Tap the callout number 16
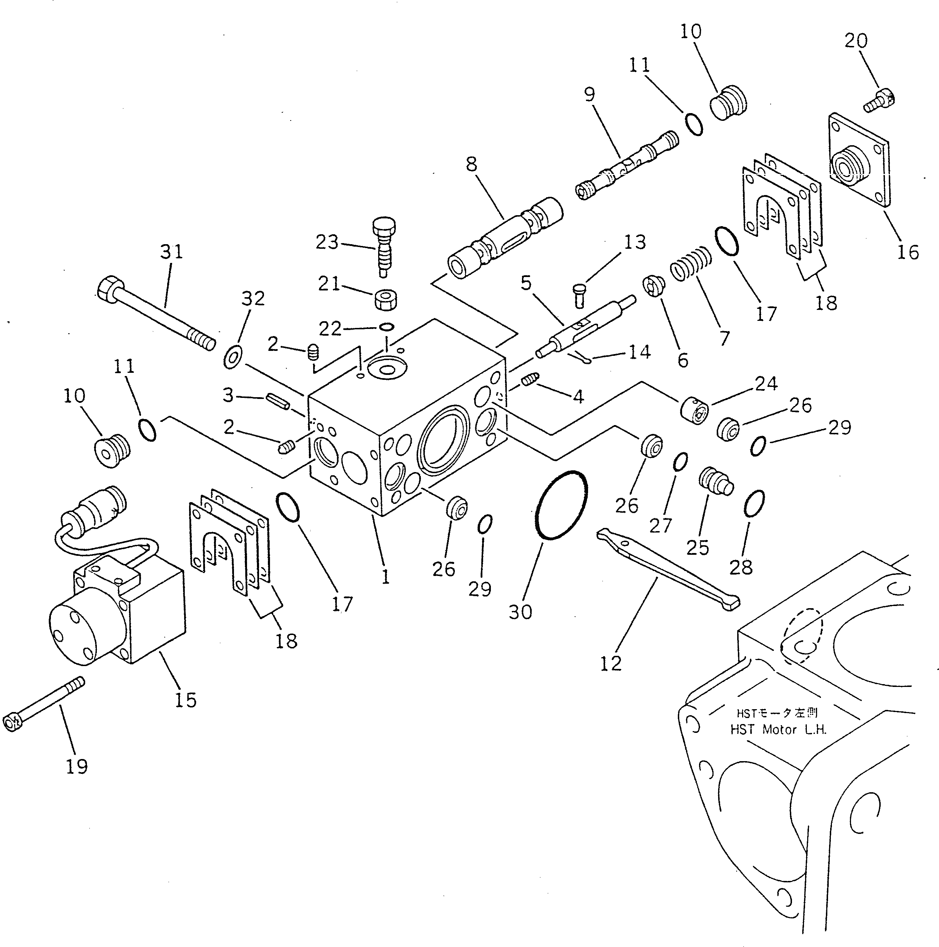908,252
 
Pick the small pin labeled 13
580,296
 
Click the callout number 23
327,242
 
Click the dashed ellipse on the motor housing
802,635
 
